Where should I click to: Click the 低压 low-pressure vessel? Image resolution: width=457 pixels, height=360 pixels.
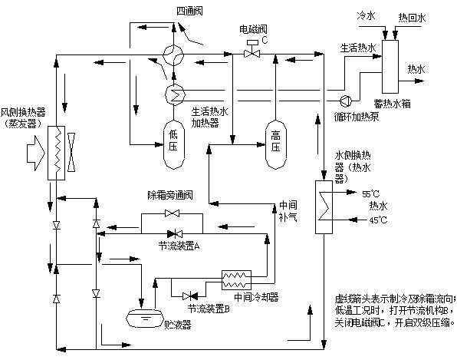pos(173,141)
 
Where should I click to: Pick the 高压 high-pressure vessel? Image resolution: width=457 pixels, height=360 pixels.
pos(275,141)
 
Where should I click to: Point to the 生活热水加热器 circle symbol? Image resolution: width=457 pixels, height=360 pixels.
pos(173,93)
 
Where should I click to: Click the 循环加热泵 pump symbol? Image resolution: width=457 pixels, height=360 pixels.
pos(345,100)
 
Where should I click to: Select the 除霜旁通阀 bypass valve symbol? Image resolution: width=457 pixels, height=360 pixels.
pos(171,213)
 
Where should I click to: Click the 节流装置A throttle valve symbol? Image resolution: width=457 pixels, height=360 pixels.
pos(173,233)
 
